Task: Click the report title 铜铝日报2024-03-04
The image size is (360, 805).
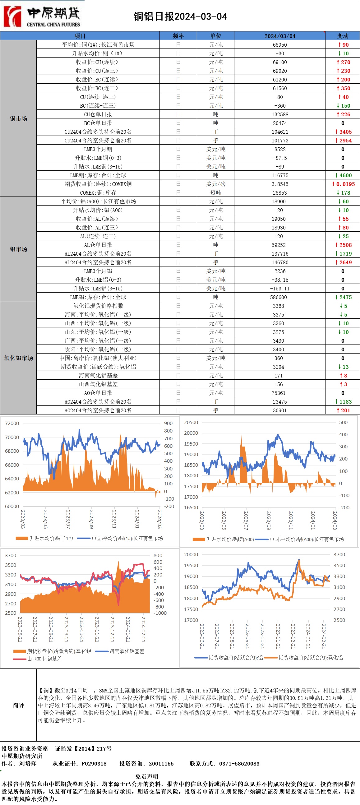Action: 180,16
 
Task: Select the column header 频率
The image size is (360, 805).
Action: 178,36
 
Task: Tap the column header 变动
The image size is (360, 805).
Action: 343,36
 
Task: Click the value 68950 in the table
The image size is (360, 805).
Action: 280,45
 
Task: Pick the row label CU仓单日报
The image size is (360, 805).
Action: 98,114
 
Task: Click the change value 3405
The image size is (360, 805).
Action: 344,132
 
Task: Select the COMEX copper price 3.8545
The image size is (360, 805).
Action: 280,184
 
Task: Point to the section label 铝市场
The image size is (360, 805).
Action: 18,249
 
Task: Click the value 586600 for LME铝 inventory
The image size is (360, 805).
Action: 280,297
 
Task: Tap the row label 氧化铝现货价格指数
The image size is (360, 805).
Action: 98,306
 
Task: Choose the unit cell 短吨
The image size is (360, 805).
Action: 216,193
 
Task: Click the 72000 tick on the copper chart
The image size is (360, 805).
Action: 12,423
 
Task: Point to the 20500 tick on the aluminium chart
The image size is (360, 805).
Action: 191,422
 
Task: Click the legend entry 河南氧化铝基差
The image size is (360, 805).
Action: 127,651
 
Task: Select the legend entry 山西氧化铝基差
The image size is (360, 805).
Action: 44,659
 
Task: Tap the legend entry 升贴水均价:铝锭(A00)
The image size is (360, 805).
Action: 230,539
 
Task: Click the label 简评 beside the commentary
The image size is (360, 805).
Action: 18,705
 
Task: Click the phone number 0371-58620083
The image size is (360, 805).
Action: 239,763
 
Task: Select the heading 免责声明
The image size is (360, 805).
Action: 146,777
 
